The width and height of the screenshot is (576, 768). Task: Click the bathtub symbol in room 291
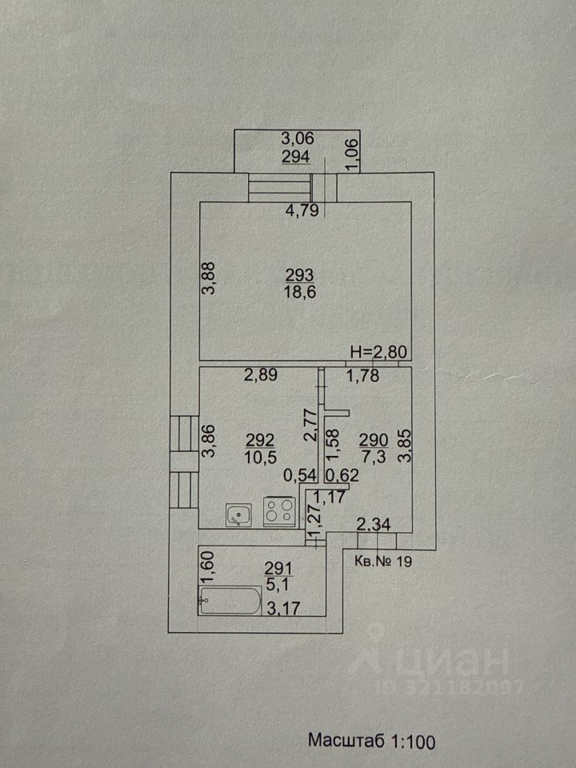click(230, 600)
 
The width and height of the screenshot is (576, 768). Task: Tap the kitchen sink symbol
click(238, 514)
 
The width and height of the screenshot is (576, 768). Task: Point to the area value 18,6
click(300, 294)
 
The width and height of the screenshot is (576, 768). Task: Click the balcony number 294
click(297, 157)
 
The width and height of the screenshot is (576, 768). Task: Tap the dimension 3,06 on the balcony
click(297, 138)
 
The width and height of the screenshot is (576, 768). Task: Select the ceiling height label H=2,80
click(378, 353)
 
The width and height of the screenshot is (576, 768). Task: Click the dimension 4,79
click(303, 213)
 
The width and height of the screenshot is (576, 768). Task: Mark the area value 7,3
click(372, 456)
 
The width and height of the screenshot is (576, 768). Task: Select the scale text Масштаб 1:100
click(372, 742)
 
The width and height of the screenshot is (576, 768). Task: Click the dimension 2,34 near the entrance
click(373, 526)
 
